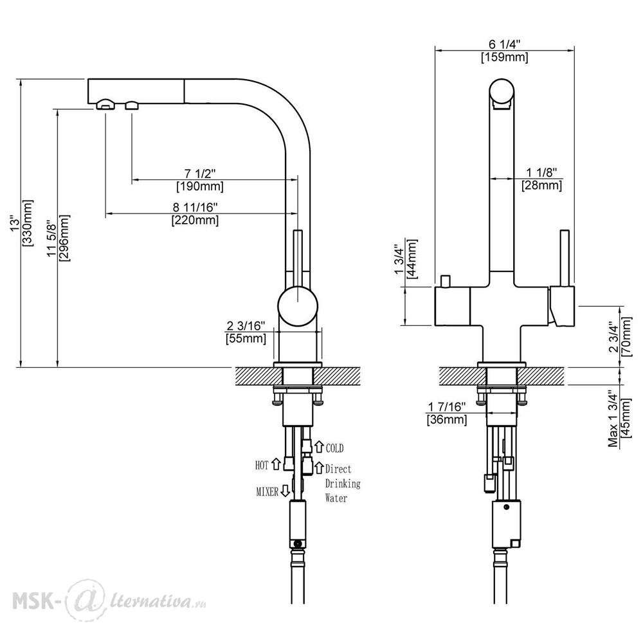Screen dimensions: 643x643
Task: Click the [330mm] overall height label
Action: click(x=28, y=222)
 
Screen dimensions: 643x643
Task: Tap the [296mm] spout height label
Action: click(x=64, y=238)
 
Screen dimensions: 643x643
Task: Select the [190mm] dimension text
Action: click(x=200, y=186)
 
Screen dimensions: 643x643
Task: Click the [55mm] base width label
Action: click(x=246, y=339)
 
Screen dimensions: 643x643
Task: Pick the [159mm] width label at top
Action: click(x=504, y=57)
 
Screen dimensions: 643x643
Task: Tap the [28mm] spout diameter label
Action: click(x=541, y=185)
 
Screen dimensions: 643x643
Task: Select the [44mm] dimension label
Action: click(x=412, y=258)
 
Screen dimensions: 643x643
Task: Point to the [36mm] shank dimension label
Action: click(x=447, y=420)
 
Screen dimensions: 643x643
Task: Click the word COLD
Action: click(x=334, y=448)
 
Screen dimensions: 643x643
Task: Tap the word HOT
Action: click(x=262, y=466)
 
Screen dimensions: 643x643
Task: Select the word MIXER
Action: click(x=267, y=491)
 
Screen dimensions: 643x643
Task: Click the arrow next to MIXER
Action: click(x=285, y=491)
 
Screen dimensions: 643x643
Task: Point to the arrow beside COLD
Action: click(x=319, y=447)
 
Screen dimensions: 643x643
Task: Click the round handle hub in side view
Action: click(x=298, y=306)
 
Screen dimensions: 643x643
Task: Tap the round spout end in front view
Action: click(x=502, y=91)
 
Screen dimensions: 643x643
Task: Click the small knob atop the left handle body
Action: click(x=444, y=282)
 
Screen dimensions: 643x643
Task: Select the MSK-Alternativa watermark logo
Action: click(x=109, y=601)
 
